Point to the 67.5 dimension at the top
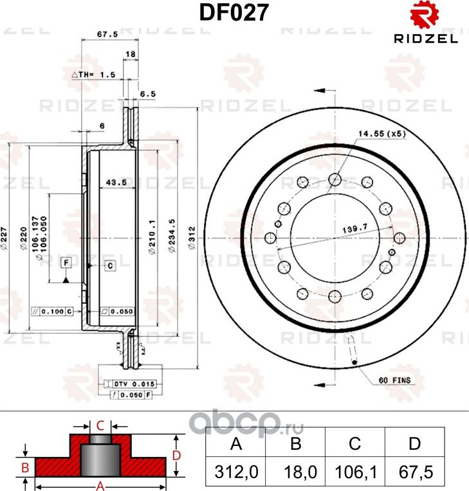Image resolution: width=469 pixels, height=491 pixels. [x=106, y=35]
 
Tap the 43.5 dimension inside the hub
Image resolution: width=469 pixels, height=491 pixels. [x=115, y=183]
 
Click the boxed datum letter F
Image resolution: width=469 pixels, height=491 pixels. [x=66, y=263]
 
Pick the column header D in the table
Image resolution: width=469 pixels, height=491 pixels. [x=415, y=443]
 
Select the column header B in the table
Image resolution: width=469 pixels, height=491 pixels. [x=295, y=443]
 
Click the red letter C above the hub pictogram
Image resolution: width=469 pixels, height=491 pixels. [x=100, y=425]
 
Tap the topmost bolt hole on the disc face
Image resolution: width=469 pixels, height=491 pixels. [x=335, y=179]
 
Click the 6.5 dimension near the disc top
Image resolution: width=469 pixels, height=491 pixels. [x=148, y=94]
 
